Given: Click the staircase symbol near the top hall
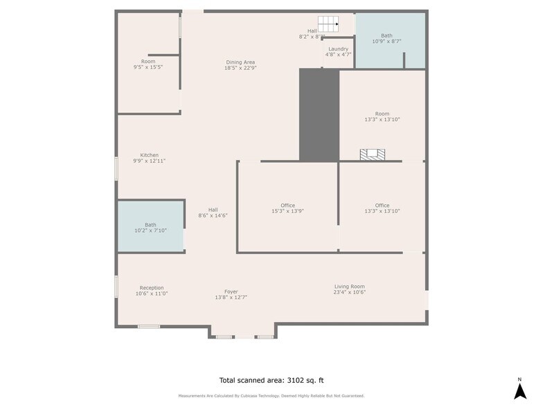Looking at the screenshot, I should [328, 24].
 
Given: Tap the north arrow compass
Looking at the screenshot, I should [519, 388].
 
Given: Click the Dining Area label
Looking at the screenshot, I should [240, 65].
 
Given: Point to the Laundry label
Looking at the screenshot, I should [338, 51].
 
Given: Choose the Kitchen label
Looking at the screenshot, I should [149, 158].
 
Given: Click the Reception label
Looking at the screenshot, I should [151, 290].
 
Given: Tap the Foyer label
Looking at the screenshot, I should [231, 294].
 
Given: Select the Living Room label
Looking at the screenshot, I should [349, 289].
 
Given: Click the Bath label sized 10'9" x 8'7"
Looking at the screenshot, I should [386, 39].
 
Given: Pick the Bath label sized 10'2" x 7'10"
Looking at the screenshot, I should [150, 227].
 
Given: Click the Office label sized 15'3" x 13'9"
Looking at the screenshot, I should [287, 208].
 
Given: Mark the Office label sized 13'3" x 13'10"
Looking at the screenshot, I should [382, 208].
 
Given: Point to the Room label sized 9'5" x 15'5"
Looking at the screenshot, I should [148, 64].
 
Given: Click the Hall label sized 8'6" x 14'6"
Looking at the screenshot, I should [213, 212].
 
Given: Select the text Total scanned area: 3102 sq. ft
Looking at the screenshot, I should [271, 380].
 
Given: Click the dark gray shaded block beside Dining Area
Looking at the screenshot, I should [319, 114].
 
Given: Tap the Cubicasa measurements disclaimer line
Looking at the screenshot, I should [271, 396].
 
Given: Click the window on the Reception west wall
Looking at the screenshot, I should [116, 287].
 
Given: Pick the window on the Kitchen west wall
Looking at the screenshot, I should [116, 169].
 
